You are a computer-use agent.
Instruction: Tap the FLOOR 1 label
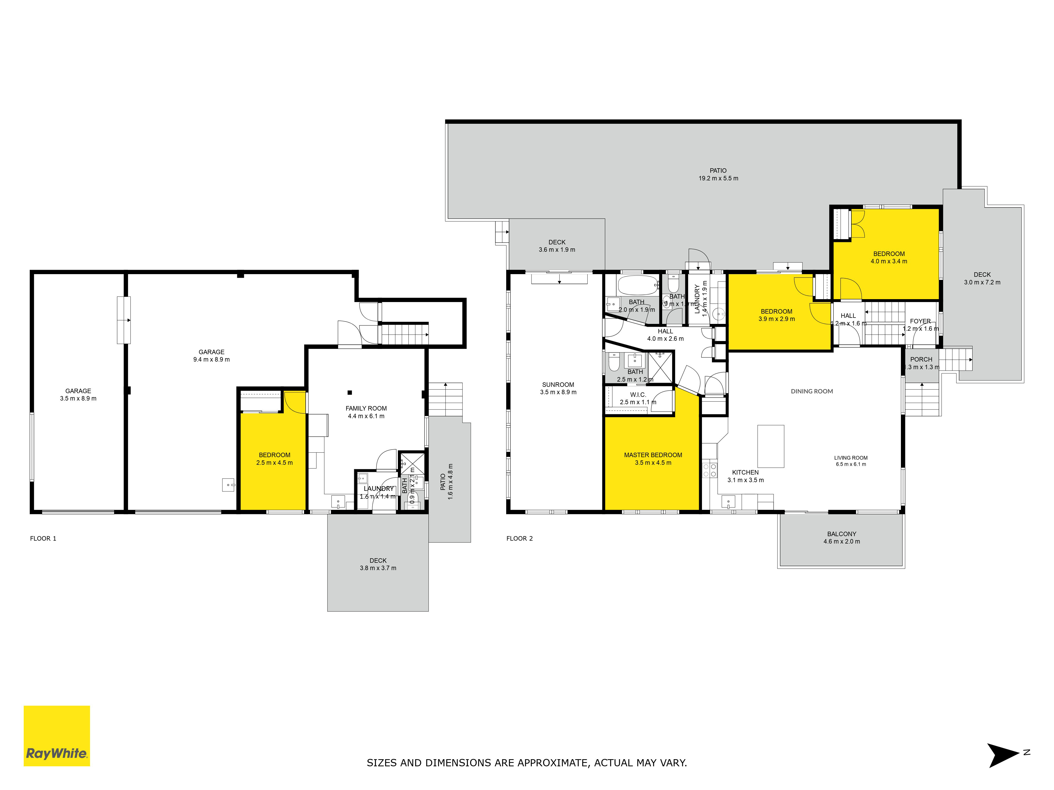[43, 539]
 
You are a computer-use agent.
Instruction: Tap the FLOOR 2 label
[519, 539]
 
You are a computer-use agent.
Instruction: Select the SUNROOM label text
[558, 385]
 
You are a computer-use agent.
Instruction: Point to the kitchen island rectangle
[770, 446]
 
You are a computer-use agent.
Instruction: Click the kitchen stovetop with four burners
[710, 471]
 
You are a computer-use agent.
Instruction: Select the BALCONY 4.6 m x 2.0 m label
[841, 538]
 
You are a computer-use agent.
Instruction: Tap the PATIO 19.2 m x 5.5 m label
[718, 174]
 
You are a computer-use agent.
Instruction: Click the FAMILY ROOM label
[366, 409]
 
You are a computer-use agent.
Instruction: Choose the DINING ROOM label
[812, 391]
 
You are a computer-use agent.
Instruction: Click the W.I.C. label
[638, 395]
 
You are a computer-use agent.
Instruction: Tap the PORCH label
[921, 359]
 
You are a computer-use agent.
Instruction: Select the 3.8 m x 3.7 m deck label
[378, 564]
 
